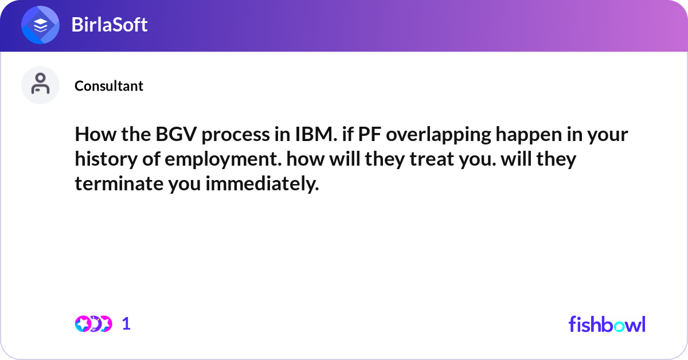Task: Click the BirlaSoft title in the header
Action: (x=110, y=25)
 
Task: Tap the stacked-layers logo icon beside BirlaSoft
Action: (x=41, y=25)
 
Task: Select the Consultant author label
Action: (x=109, y=86)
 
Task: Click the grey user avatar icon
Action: (x=41, y=85)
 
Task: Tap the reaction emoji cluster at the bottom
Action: (x=93, y=324)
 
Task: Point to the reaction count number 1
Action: (x=126, y=324)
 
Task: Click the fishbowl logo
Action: (x=607, y=324)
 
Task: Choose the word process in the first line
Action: (x=226, y=136)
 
